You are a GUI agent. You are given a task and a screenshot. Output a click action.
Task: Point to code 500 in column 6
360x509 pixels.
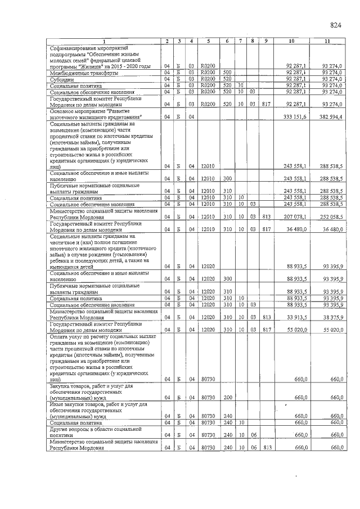coord(228,73)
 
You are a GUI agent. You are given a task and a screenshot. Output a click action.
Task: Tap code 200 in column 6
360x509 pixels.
coord(228,397)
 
